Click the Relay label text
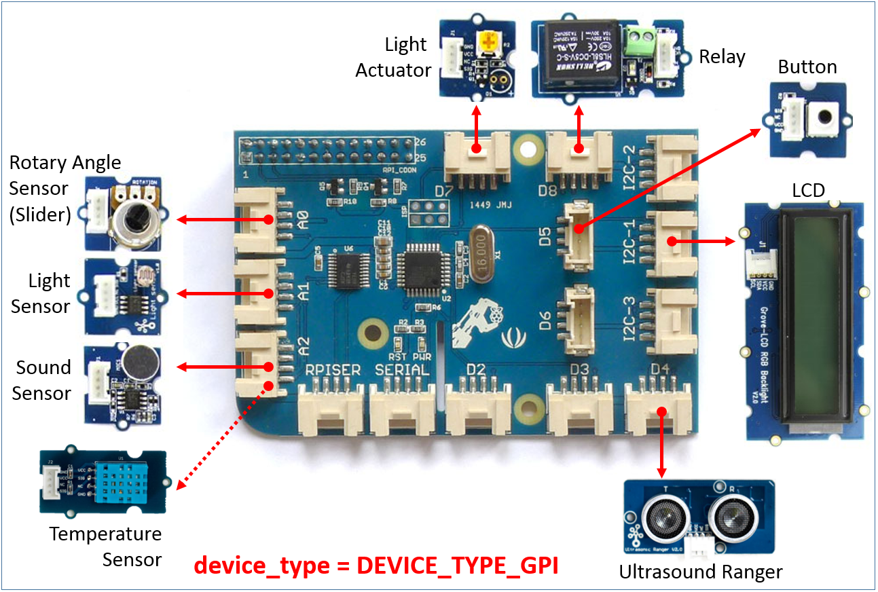click(722, 57)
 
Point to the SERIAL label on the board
click(403, 370)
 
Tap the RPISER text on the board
click(332, 370)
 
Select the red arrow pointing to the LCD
click(706, 241)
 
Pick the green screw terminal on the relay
click(639, 41)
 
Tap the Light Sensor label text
click(41, 293)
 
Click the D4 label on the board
click(658, 369)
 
